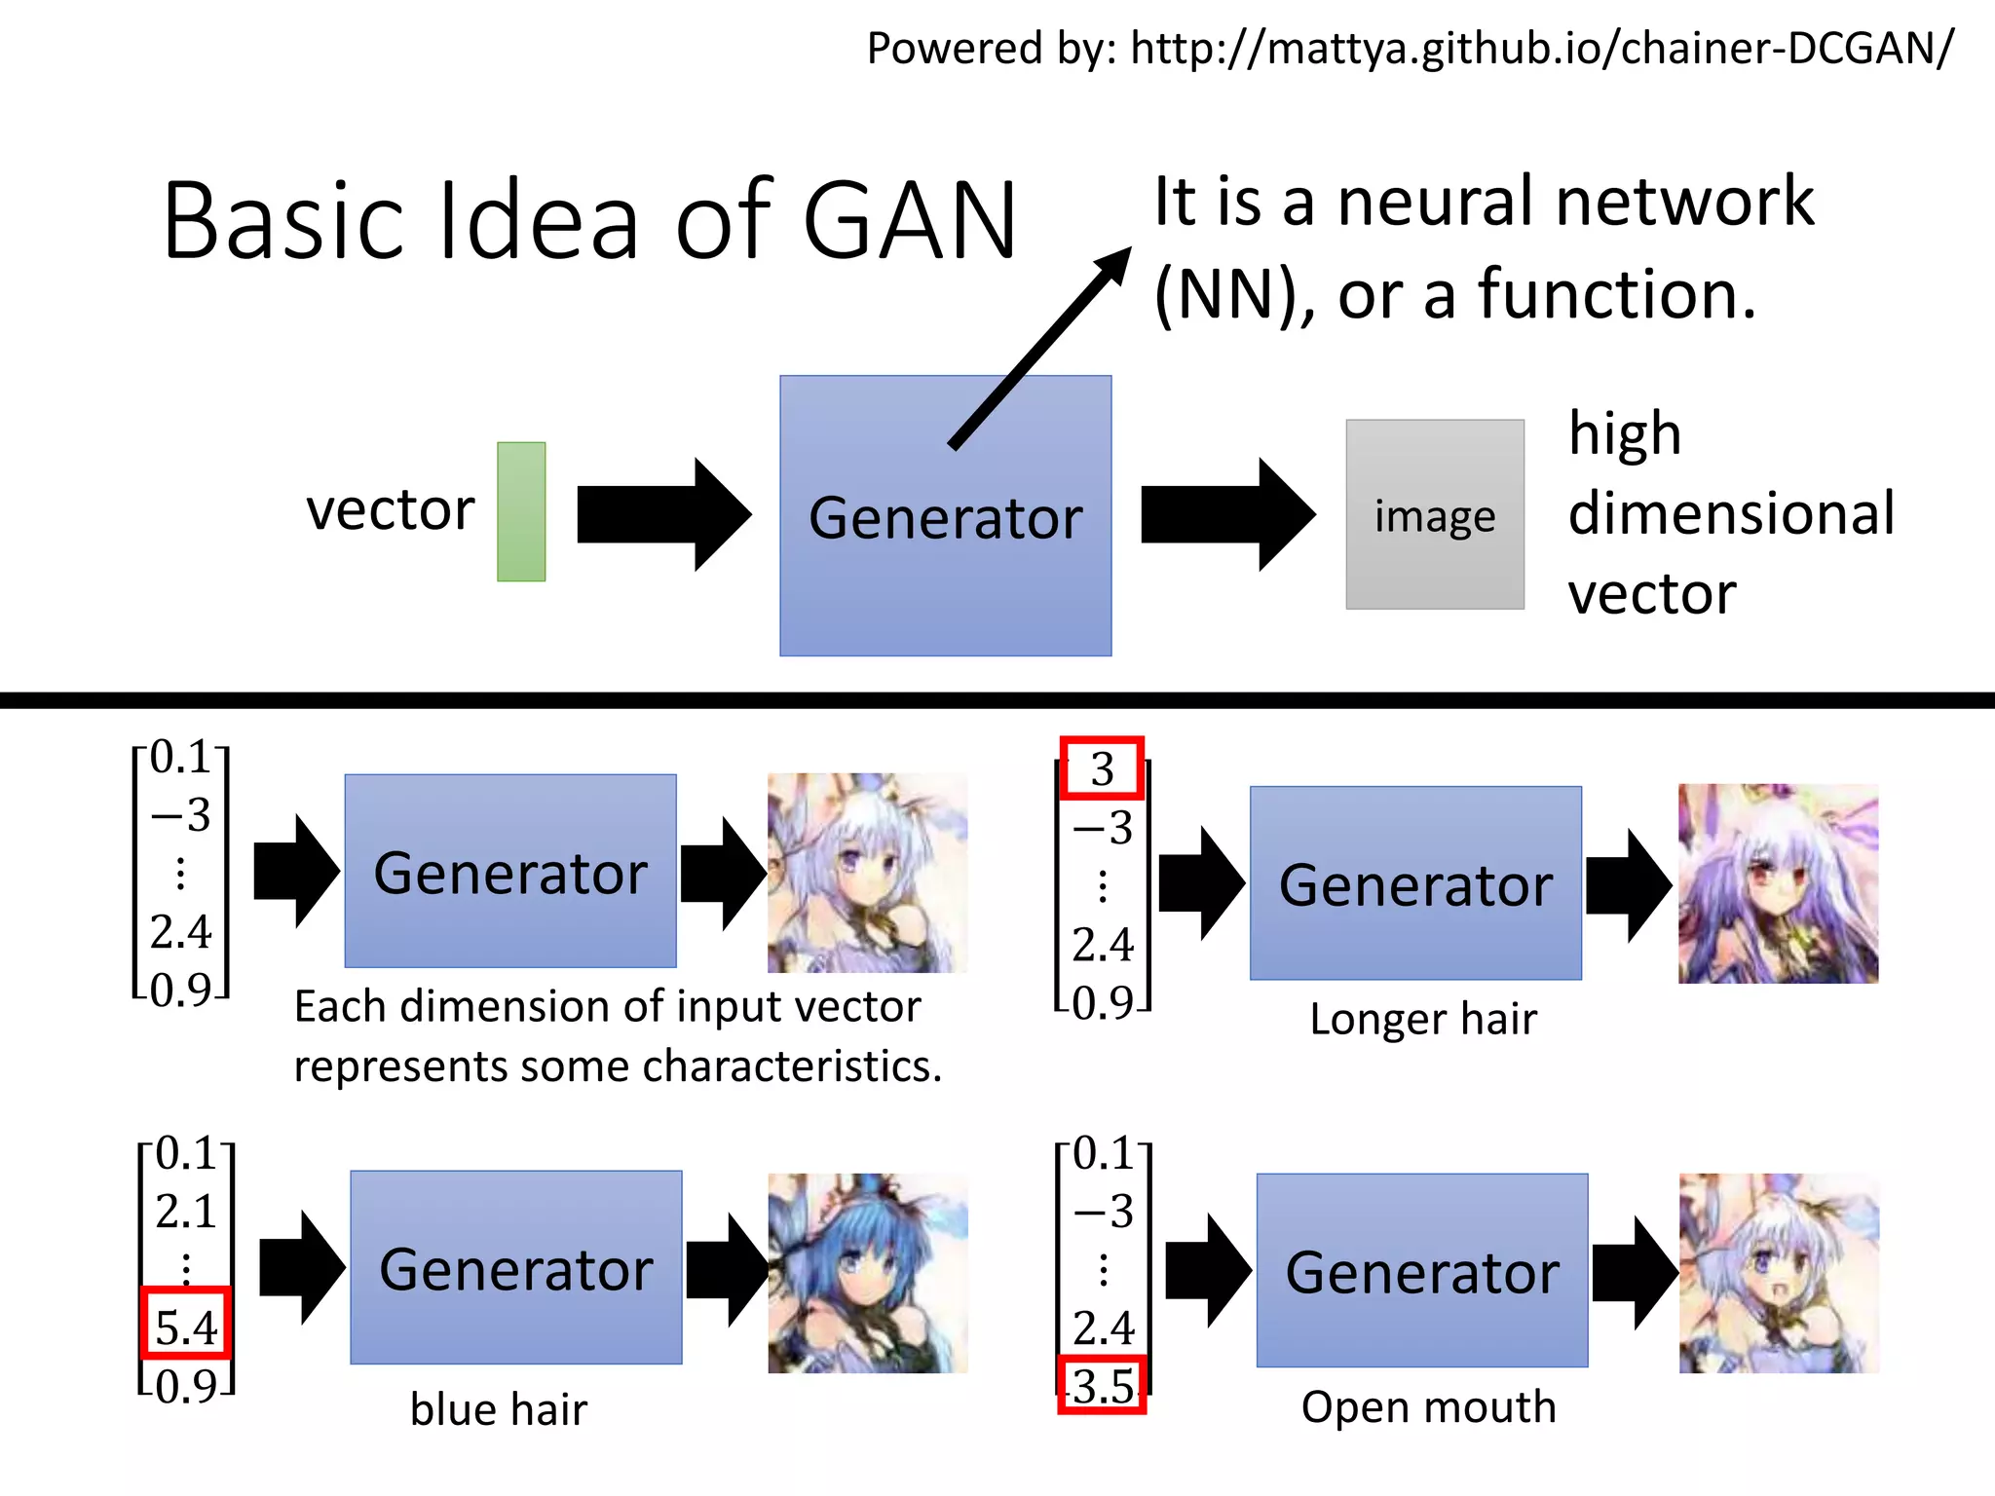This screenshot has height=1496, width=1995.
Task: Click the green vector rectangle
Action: [521, 511]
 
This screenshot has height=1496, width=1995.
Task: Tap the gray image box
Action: [1434, 514]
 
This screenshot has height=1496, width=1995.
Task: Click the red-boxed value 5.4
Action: [185, 1324]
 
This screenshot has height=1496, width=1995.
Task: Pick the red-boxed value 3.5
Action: [1102, 1384]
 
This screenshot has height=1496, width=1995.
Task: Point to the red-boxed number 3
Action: [1102, 768]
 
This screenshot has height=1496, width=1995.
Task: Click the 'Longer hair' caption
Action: [1422, 1020]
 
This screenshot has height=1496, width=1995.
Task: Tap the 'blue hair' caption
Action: [498, 1409]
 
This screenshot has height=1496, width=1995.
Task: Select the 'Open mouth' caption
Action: [1428, 1407]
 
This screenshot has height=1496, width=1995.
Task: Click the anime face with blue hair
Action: [867, 1273]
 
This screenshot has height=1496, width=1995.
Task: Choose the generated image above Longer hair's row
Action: [1778, 883]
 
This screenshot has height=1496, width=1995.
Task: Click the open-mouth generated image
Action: [1779, 1273]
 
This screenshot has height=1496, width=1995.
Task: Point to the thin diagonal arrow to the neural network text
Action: [1040, 348]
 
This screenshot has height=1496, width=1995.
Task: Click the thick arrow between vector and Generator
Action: [662, 514]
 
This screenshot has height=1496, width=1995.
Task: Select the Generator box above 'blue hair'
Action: [515, 1267]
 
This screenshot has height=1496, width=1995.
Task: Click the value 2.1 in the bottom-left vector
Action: [185, 1211]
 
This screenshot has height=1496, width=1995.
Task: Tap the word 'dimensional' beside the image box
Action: [1730, 513]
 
